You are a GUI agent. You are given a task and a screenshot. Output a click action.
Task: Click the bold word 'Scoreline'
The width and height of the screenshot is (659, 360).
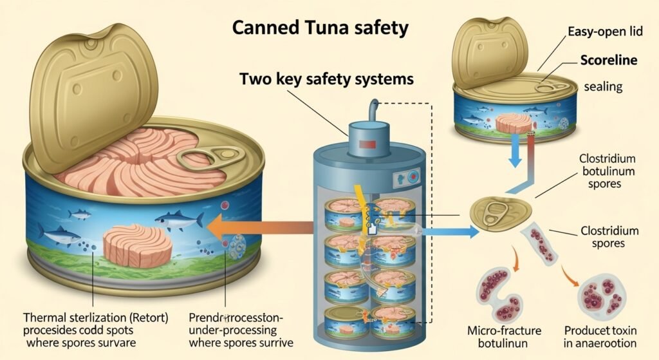608,60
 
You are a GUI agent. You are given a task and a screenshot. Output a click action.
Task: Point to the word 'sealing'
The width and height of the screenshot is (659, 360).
604,87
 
